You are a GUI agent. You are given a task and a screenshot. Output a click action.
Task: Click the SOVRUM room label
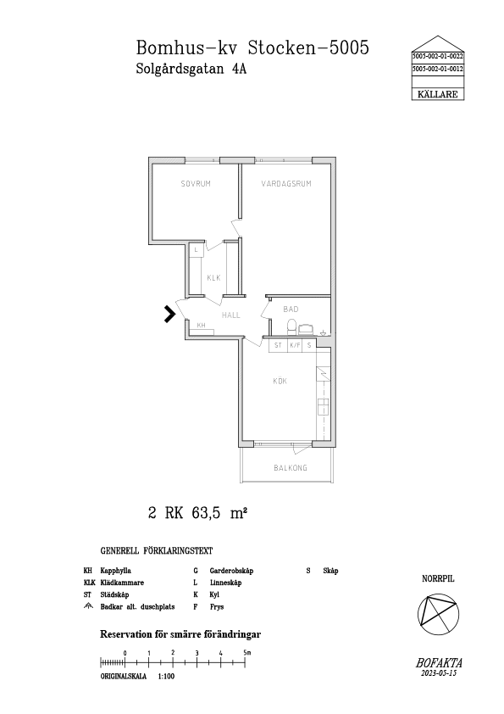pyautogui.click(x=196, y=184)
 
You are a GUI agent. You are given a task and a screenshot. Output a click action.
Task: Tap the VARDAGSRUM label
pyautogui.click(x=286, y=184)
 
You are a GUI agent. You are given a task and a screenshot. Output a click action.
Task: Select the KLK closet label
pyautogui.click(x=213, y=278)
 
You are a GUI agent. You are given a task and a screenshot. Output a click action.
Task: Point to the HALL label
pyautogui.click(x=231, y=315)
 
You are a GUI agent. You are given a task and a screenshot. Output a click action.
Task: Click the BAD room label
pyautogui.click(x=291, y=310)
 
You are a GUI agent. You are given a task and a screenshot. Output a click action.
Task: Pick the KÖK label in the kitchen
pyautogui.click(x=280, y=381)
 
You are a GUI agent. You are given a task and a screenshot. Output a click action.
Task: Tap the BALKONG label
pyautogui.click(x=291, y=467)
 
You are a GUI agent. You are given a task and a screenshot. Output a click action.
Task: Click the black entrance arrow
pyautogui.click(x=170, y=315)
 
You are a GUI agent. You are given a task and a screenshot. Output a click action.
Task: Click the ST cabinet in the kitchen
pyautogui.click(x=278, y=345)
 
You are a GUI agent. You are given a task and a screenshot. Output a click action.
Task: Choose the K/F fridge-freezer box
pyautogui.click(x=296, y=345)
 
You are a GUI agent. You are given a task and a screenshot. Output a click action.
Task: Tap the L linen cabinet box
pyautogui.click(x=196, y=249)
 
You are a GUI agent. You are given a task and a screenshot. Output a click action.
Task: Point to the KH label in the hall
pyautogui.click(x=201, y=325)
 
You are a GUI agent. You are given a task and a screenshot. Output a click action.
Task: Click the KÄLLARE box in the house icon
pyautogui.click(x=438, y=94)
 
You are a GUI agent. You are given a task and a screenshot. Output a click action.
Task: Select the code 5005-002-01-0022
pyautogui.click(x=438, y=57)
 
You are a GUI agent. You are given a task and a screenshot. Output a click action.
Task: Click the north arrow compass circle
pyautogui.click(x=438, y=614)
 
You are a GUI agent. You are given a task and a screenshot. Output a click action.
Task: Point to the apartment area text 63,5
pyautogui.click(x=206, y=513)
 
